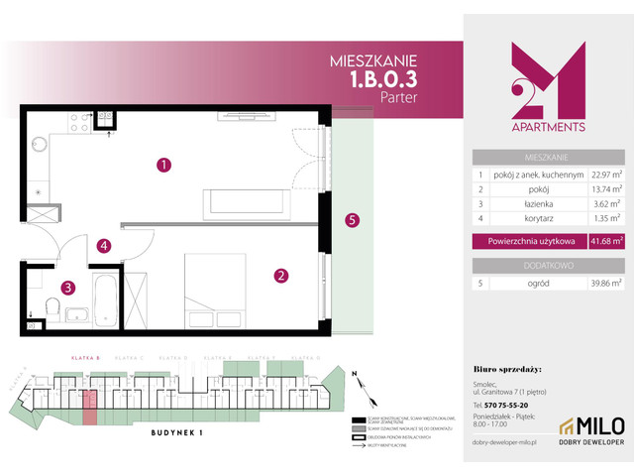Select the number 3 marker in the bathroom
(67, 289)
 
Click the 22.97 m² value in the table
(605, 175)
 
